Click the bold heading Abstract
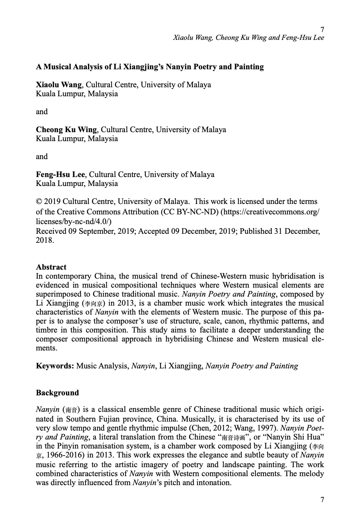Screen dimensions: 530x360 click(51, 267)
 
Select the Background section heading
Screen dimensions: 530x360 click(57, 393)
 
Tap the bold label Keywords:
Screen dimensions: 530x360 click(55, 366)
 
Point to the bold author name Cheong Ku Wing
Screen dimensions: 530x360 click(66, 130)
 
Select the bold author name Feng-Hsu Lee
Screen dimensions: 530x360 click(60, 175)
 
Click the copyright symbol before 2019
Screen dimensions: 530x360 click(38, 201)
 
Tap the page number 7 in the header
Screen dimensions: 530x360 click(322, 29)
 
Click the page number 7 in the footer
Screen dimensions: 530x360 click(322, 499)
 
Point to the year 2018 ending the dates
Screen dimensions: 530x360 click(45, 240)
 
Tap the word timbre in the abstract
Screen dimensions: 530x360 click(47, 330)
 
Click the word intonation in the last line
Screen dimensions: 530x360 click(213, 482)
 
